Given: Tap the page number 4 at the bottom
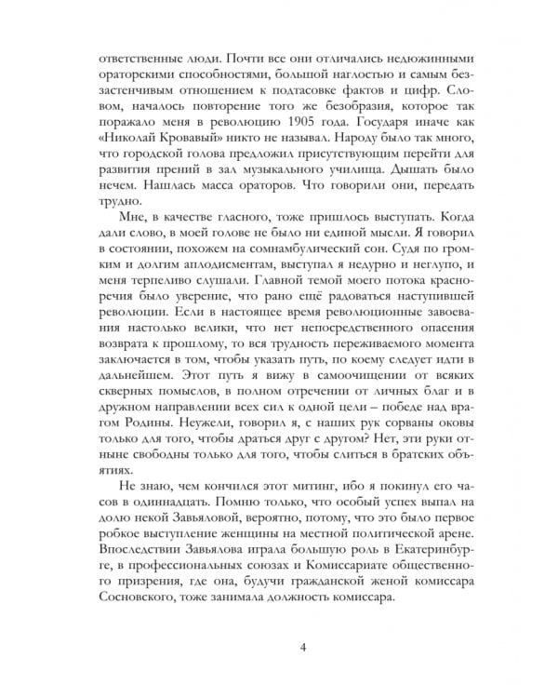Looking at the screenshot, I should coord(279,649).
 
